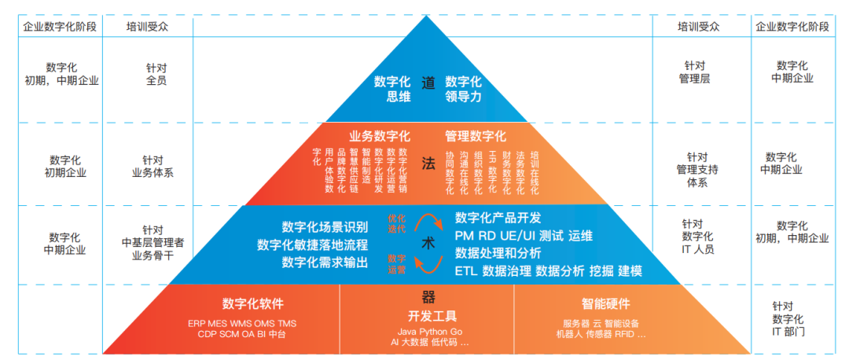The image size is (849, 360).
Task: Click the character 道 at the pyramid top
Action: pos(428,83)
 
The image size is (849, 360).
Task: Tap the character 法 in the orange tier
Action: pos(428,163)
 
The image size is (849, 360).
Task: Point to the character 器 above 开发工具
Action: pos(428,297)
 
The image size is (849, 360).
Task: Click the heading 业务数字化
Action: pos(380,135)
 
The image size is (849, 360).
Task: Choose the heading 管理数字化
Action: pos(476,135)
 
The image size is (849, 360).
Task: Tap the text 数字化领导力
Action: pos(464,89)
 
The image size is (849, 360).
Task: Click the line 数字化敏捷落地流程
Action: pos(312,244)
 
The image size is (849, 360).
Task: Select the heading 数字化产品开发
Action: pos(498,218)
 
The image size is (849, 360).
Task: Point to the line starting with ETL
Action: pos(548,270)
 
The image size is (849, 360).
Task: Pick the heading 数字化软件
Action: pos(253,304)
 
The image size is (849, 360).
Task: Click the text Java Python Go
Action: pos(429,332)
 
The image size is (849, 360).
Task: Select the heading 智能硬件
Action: pos(605,304)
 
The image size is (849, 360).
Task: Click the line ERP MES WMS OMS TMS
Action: pos(242,323)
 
